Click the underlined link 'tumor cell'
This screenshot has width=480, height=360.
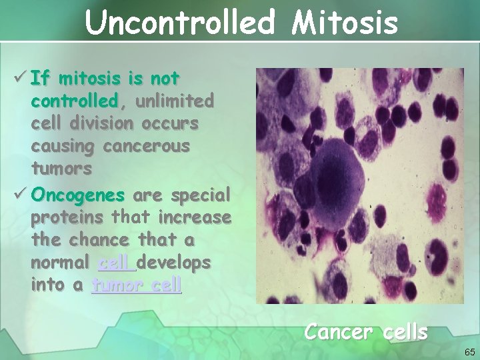click(x=137, y=285)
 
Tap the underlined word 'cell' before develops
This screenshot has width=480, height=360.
click(x=117, y=263)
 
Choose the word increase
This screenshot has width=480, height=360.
click(x=197, y=219)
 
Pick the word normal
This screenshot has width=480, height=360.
click(x=61, y=263)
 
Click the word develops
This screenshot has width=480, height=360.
click(x=175, y=263)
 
